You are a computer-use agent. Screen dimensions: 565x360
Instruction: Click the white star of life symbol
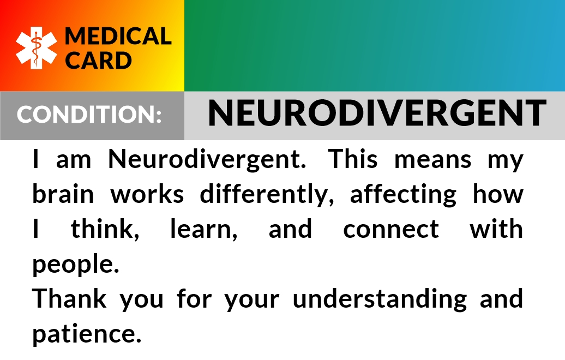[x=37, y=48]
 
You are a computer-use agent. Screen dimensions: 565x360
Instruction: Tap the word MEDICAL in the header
[x=118, y=36]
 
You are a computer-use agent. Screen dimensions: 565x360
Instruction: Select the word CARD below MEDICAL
[x=98, y=60]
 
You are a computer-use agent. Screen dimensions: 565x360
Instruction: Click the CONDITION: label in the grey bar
[x=89, y=114]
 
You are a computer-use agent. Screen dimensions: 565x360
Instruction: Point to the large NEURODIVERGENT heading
[x=377, y=113]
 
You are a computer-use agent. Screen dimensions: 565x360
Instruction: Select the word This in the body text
[x=353, y=159]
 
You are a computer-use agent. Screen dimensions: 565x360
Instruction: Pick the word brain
[x=63, y=194]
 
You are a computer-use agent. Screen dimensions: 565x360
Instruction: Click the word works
[x=147, y=194]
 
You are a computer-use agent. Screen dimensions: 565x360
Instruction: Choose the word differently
[x=267, y=194]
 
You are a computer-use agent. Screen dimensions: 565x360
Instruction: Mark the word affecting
[x=403, y=194]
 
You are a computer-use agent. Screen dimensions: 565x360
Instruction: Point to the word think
[x=105, y=229]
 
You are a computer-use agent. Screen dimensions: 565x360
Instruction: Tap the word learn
[x=203, y=229]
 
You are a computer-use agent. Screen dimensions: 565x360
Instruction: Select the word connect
[x=391, y=230]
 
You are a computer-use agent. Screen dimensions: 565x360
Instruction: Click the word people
[x=76, y=264]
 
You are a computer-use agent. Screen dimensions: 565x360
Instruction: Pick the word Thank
[x=70, y=298]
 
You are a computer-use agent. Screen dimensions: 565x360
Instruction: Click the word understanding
[x=380, y=299]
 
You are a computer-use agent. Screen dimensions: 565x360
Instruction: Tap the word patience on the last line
[x=87, y=334]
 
